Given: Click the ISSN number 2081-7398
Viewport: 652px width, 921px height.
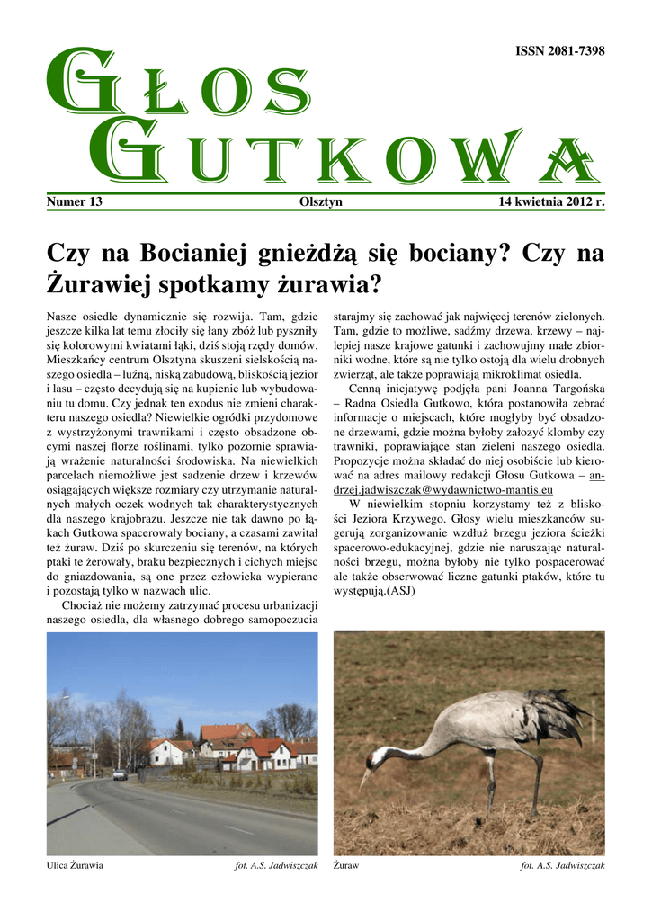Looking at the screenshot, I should [558, 51].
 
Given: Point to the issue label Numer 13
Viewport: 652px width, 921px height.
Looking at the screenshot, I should [74, 201].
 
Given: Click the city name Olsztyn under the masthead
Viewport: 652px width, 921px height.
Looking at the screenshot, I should [320, 201].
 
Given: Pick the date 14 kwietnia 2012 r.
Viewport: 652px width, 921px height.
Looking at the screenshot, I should [551, 201].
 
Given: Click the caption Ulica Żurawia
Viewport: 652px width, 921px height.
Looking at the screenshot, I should [75, 865].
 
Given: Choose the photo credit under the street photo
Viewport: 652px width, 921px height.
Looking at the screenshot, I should [276, 865].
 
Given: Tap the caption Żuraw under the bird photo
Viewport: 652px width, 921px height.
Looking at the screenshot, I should [346, 865].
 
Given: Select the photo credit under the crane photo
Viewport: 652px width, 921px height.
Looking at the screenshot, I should [563, 865].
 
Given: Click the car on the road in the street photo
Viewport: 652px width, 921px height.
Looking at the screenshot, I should [120, 774].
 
